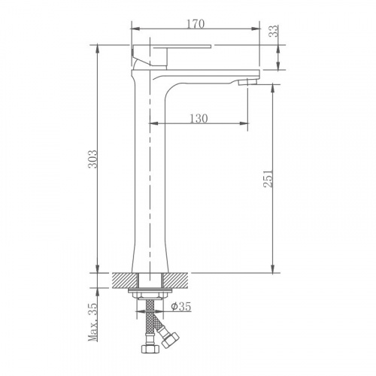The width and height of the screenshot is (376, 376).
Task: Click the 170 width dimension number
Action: (195, 24)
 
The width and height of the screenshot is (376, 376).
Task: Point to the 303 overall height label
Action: (92, 159)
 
